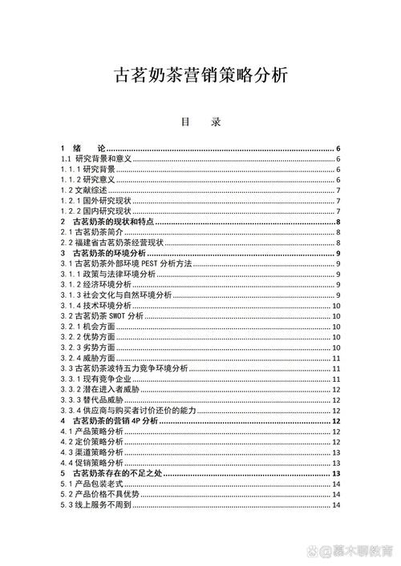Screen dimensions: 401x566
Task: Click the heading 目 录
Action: (x=200, y=124)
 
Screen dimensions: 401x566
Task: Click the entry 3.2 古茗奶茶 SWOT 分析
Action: (x=103, y=315)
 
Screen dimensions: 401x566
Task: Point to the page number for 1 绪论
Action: (x=339, y=148)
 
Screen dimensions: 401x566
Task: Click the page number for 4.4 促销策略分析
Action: (x=338, y=462)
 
